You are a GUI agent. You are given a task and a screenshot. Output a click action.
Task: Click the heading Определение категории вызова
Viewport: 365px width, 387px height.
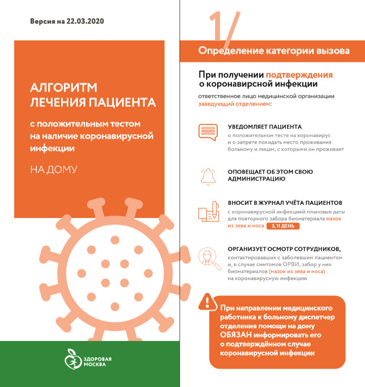(273, 51)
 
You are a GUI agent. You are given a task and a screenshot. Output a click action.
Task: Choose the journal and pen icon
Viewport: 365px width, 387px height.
(209, 211)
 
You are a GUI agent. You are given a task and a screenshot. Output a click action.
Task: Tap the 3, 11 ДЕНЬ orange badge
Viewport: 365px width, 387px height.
(283, 227)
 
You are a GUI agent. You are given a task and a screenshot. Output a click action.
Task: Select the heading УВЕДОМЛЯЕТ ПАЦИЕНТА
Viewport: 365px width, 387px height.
(264, 127)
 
